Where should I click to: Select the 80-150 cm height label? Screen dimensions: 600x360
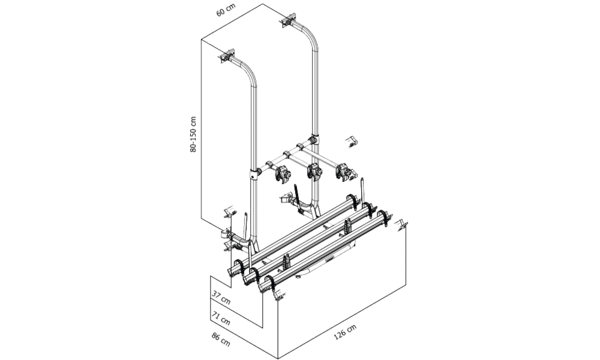[x=193, y=134]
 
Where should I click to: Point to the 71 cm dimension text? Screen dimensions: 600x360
[x=221, y=318]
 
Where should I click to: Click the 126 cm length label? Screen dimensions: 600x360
[x=345, y=332]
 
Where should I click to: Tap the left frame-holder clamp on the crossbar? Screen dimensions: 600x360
[x=284, y=173]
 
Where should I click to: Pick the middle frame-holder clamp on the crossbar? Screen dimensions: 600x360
[x=314, y=171]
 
